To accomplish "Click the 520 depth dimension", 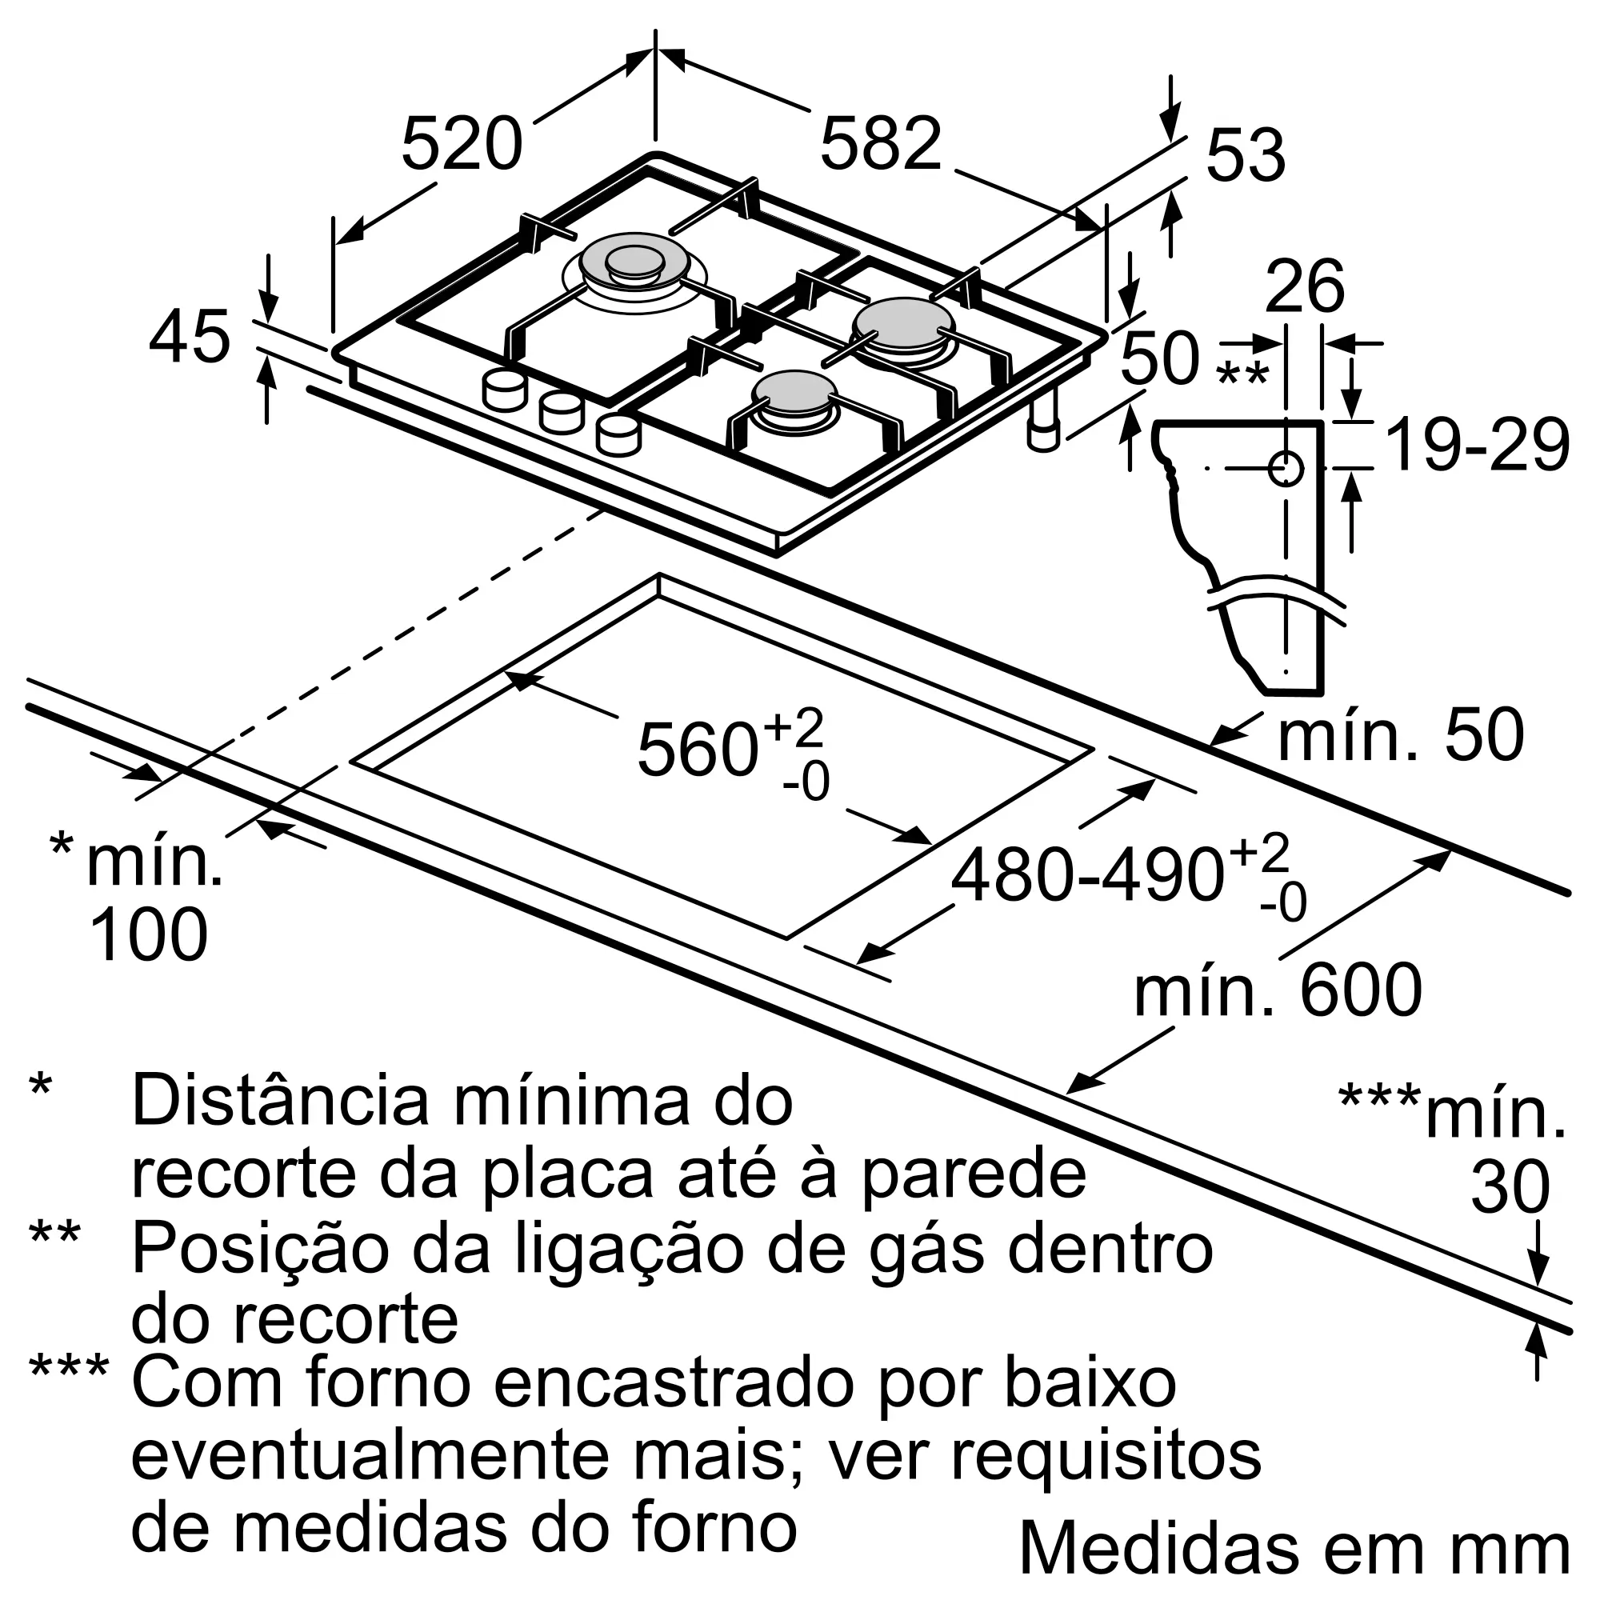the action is pos(462,144).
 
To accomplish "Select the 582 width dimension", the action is pos(881,144).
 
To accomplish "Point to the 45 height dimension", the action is pos(190,337).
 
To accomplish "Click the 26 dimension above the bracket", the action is pos(1304,286).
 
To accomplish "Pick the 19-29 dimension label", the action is pos(1478,446).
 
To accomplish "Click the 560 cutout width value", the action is pos(698,750).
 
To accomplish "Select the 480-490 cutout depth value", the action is pos(1086,876).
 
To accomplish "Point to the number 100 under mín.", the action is pos(148,934).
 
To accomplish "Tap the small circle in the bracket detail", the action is pos(1286,469).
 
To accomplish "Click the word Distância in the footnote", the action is pos(280,1101).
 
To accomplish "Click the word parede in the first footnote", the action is pos(974,1174).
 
